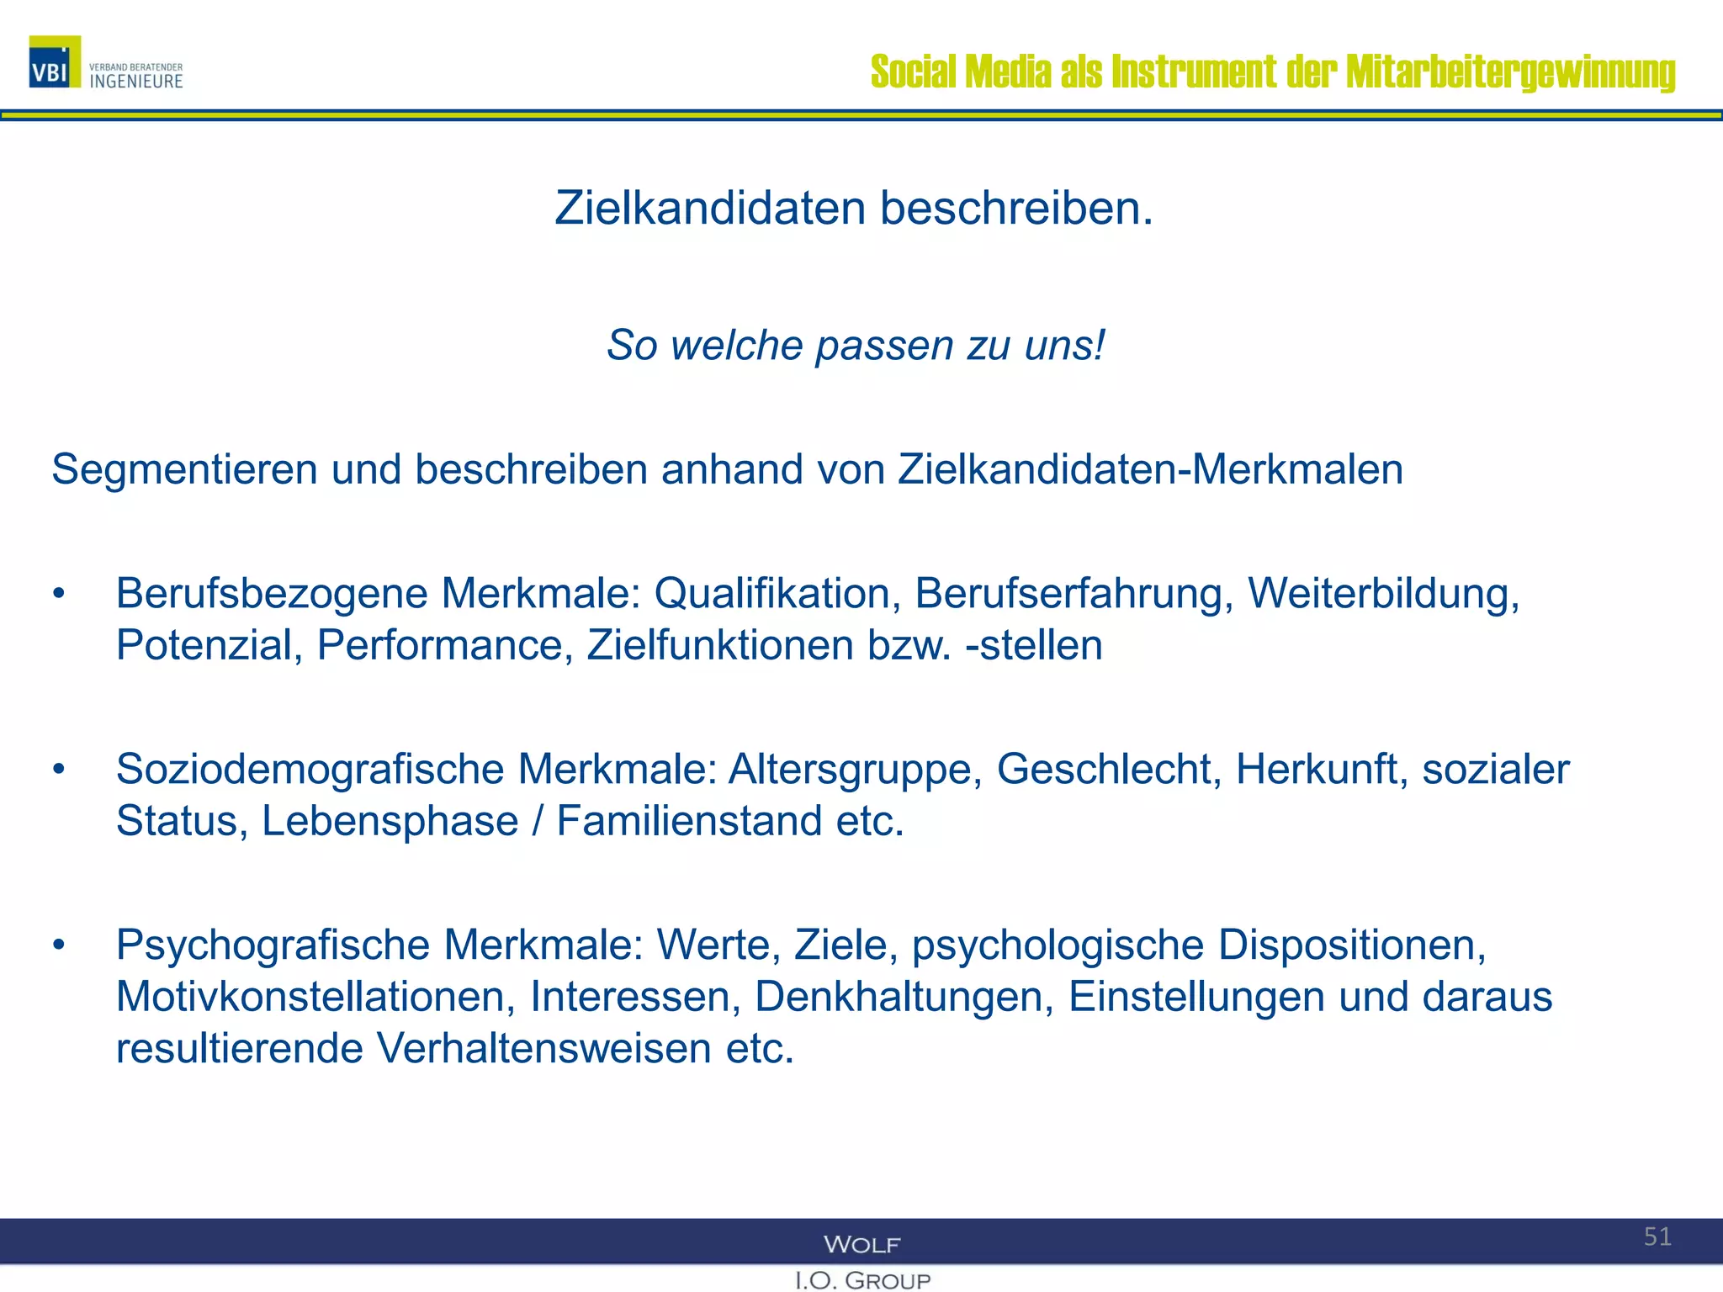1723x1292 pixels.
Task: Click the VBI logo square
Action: point(55,62)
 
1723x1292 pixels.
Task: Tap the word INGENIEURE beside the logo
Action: point(136,82)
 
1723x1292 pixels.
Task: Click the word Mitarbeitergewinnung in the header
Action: point(1510,71)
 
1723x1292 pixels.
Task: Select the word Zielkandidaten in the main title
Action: point(710,208)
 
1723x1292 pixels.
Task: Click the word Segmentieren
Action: point(184,469)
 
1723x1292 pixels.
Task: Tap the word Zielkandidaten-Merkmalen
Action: point(1150,469)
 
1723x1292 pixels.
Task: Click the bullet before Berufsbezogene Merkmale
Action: point(58,594)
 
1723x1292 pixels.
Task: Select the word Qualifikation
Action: point(771,594)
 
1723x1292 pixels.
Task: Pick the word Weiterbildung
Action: point(1383,594)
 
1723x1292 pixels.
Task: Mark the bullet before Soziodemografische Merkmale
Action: point(58,770)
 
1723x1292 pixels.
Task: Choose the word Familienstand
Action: point(689,821)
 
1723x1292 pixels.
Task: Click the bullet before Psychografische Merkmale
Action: point(58,945)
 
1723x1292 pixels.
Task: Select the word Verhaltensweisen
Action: point(543,1049)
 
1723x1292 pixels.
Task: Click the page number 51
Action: point(1657,1236)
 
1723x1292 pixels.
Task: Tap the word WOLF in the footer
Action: point(861,1244)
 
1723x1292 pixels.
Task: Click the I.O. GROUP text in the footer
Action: point(862,1280)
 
